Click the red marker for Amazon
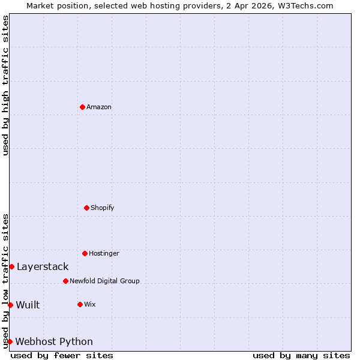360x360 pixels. click(x=82, y=107)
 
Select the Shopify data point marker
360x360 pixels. click(x=86, y=208)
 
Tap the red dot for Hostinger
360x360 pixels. click(x=85, y=253)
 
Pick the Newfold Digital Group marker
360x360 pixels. click(x=65, y=281)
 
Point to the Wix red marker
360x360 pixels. click(x=80, y=304)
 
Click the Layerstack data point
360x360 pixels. click(x=11, y=266)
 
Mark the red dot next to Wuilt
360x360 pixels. click(x=10, y=305)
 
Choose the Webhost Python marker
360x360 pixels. click(x=10, y=341)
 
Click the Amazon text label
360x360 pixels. click(x=99, y=107)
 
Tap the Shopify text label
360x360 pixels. click(x=103, y=208)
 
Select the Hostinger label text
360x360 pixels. click(x=104, y=253)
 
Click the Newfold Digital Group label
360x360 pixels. click(x=104, y=281)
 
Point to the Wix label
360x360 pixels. click(x=90, y=304)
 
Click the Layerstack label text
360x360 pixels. click(x=43, y=266)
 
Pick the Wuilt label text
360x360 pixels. click(x=28, y=305)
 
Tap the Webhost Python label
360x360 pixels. click(x=54, y=341)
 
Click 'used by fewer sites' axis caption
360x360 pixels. click(x=62, y=355)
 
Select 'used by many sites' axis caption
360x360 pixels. click(x=301, y=355)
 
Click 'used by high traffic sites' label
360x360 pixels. click(x=5, y=85)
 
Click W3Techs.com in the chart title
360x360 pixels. click(x=305, y=5)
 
